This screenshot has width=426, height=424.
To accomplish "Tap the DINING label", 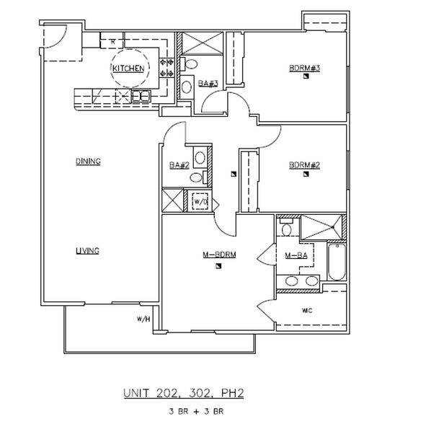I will [88, 162].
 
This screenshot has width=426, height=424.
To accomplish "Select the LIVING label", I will [87, 250].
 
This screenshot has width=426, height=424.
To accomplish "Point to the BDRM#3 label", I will [304, 69].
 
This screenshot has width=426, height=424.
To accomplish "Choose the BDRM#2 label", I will [304, 165].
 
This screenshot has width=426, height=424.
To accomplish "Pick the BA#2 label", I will [179, 165].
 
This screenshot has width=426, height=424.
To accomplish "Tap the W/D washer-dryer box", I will [200, 201].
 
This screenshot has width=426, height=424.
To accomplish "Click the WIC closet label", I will [306, 311].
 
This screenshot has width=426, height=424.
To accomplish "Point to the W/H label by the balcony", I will [143, 319].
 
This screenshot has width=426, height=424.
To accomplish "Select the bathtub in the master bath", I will [336, 262].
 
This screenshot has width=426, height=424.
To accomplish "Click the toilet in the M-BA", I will [286, 230].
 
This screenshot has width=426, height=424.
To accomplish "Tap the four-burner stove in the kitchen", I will [166, 68].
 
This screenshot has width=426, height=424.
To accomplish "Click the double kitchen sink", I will [139, 96].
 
